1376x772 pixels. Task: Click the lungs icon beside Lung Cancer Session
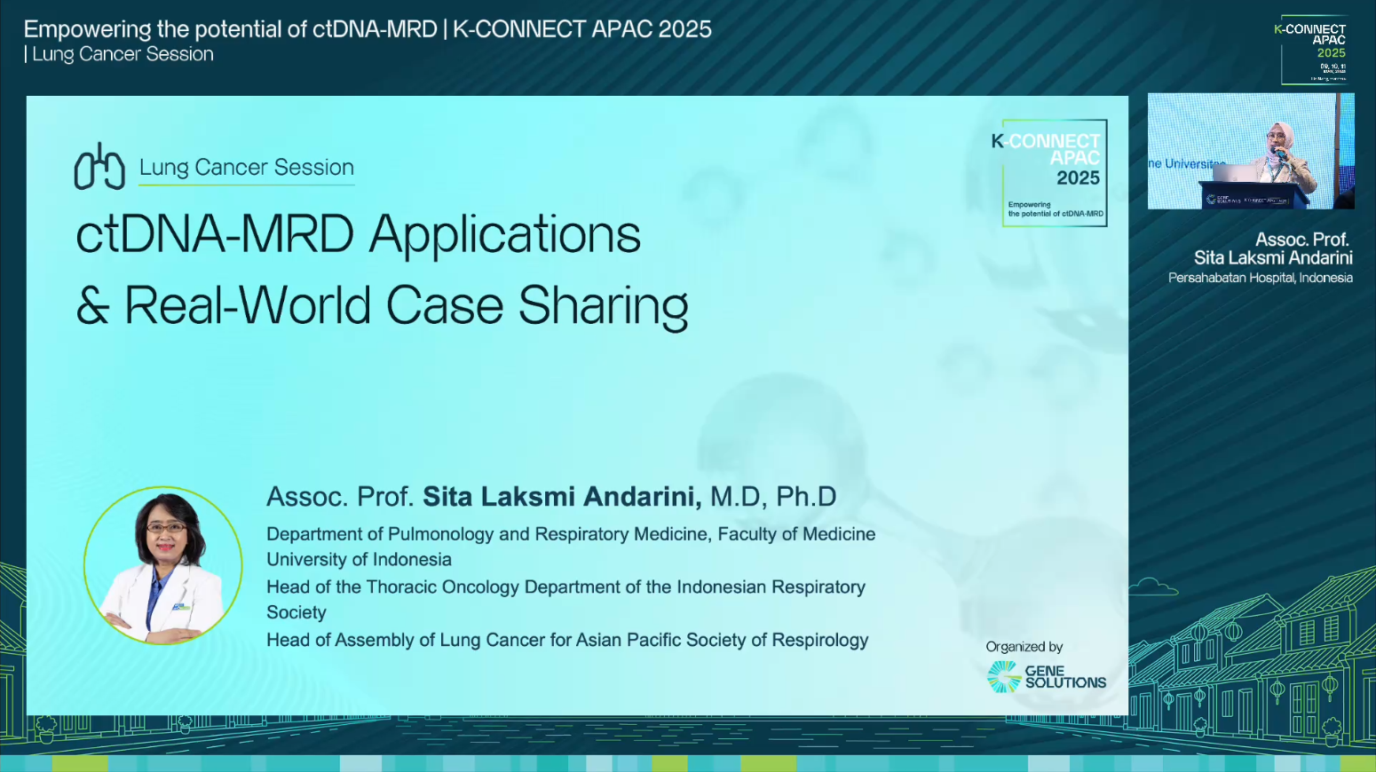click(99, 167)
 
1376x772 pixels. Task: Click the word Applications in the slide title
click(504, 235)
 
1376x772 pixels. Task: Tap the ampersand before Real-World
click(92, 306)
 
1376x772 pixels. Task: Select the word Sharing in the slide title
click(603, 306)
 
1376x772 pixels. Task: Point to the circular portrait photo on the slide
click(163, 565)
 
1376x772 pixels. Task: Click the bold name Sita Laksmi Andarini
click(561, 497)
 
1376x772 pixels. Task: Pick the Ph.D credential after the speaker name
click(806, 497)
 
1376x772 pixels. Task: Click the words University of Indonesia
click(359, 560)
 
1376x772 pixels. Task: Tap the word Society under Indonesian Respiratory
click(297, 613)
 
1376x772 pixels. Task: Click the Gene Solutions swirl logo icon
click(1004, 677)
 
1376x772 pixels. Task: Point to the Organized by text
click(1024, 647)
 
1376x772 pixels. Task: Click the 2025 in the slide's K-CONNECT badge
click(1078, 178)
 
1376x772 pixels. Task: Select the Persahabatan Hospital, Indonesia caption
click(1260, 279)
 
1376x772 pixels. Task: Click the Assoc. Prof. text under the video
click(1301, 240)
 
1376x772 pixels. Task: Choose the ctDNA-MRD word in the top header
click(375, 29)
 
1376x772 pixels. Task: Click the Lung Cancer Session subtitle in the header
click(123, 54)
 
